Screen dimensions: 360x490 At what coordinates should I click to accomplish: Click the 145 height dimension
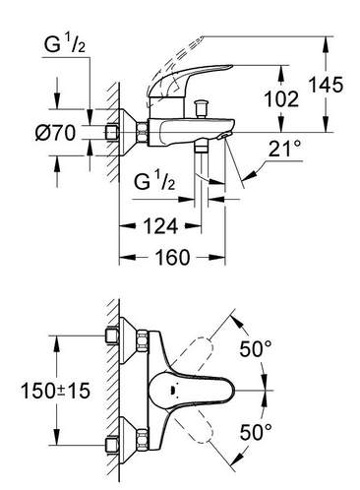327,85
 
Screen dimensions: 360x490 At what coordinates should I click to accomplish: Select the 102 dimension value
281,98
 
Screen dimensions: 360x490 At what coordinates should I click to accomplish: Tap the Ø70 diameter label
55,133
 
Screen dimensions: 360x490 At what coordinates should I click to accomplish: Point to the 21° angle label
285,149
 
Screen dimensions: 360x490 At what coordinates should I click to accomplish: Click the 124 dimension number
160,226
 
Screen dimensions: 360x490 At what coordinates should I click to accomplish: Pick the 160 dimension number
172,257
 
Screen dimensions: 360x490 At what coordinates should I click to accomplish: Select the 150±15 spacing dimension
55,391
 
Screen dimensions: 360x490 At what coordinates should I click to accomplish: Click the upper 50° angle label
256,348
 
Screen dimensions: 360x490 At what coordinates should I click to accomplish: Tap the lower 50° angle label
256,432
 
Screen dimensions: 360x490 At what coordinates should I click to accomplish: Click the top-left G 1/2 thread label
65,44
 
